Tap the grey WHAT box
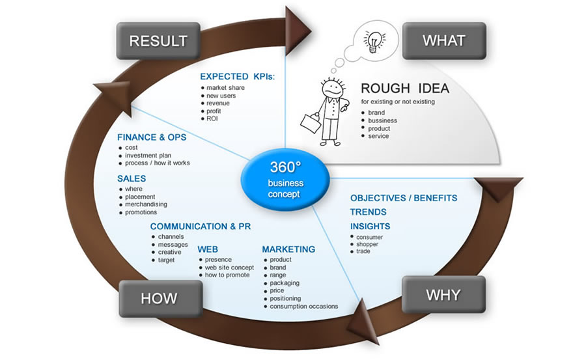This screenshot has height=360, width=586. point(444,41)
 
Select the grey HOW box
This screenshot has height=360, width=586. point(159,298)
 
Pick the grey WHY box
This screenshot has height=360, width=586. point(443,294)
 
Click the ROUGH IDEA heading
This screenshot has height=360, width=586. point(405,89)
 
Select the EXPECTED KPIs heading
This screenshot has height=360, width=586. point(237,77)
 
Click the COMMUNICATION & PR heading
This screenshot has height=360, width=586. point(200,227)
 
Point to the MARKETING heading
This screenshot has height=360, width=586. point(288,249)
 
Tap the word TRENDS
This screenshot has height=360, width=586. point(368,212)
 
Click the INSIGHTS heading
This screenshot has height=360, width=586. point(370,226)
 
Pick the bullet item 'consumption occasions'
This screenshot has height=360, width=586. point(303,306)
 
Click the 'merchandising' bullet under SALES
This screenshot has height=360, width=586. point(145,204)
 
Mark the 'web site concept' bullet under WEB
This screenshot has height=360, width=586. point(229,268)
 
